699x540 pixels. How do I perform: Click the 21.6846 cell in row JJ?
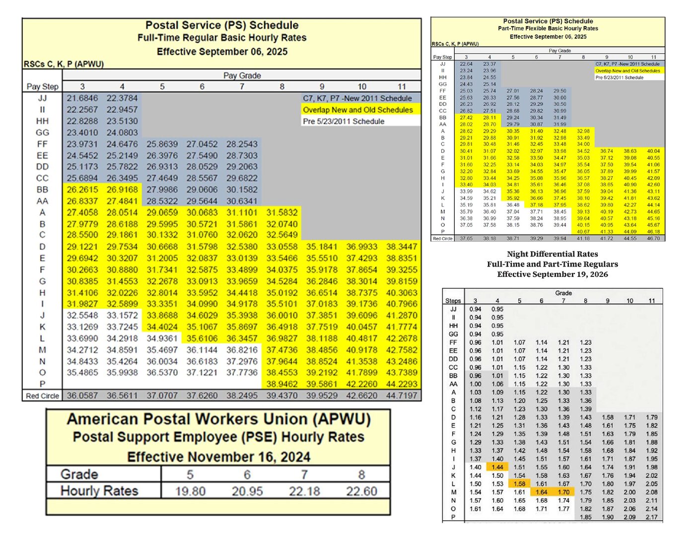tap(82, 98)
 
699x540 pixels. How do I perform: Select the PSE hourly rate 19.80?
tap(190, 491)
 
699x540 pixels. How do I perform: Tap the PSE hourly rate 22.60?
tap(361, 491)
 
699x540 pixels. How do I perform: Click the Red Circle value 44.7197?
tap(402, 396)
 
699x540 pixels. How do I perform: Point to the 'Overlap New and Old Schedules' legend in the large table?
tap(357, 110)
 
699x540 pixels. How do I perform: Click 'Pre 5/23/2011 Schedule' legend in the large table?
tap(344, 121)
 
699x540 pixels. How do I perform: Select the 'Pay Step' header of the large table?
tap(42, 86)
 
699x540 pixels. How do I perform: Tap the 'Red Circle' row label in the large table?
tap(42, 396)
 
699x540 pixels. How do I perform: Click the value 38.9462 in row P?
tap(281, 384)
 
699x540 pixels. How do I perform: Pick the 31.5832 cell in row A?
tap(281, 212)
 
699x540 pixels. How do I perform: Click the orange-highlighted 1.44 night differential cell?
tap(497, 467)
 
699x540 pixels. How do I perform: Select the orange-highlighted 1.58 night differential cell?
tap(519, 483)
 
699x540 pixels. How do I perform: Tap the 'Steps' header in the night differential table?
tap(453, 301)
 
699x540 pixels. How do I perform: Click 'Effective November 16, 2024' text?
tap(218, 457)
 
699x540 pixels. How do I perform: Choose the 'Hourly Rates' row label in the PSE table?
tap(99, 491)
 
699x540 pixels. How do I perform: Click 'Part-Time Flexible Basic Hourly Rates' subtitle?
tap(548, 28)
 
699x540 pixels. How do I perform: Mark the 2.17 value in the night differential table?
tap(651, 517)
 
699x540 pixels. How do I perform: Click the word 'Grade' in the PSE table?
tap(79, 474)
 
